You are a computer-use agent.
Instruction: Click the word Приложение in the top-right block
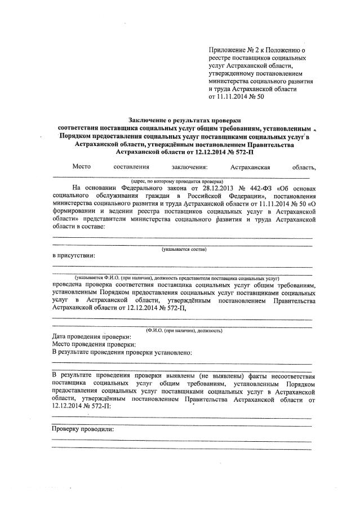pyautogui.click(x=226, y=50)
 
